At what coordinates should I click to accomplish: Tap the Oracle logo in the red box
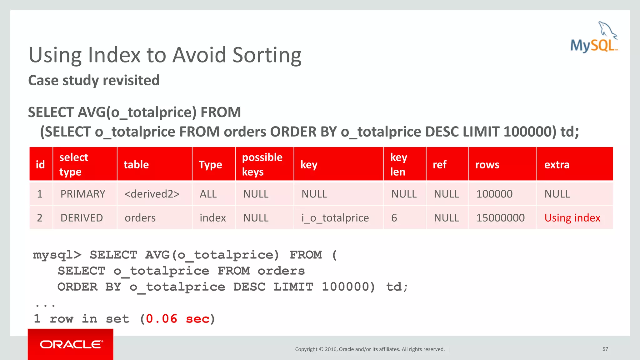tap(71, 344)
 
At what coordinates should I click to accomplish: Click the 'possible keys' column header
tap(262, 164)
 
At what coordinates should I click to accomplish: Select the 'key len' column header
tap(399, 164)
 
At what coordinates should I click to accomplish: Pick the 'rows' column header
tap(487, 165)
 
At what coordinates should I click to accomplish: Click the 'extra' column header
tap(557, 165)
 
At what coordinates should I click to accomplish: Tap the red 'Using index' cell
tap(572, 218)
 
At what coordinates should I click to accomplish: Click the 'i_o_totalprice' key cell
tap(335, 218)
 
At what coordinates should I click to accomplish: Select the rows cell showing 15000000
tap(500, 218)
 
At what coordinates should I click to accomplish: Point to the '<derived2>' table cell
tap(152, 194)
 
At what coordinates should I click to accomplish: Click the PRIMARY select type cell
tap(83, 194)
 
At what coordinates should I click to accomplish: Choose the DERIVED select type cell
tap(82, 218)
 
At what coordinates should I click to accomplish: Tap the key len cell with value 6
tap(394, 218)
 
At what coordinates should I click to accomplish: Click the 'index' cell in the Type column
tap(212, 218)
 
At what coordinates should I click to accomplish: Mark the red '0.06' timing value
tap(162, 319)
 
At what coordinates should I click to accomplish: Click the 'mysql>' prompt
tap(57, 255)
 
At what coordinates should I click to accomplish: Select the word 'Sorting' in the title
tap(267, 55)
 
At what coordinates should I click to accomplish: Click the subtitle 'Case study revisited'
tap(94, 80)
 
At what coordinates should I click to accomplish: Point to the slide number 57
tap(605, 349)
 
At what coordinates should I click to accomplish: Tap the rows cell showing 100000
tap(494, 194)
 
